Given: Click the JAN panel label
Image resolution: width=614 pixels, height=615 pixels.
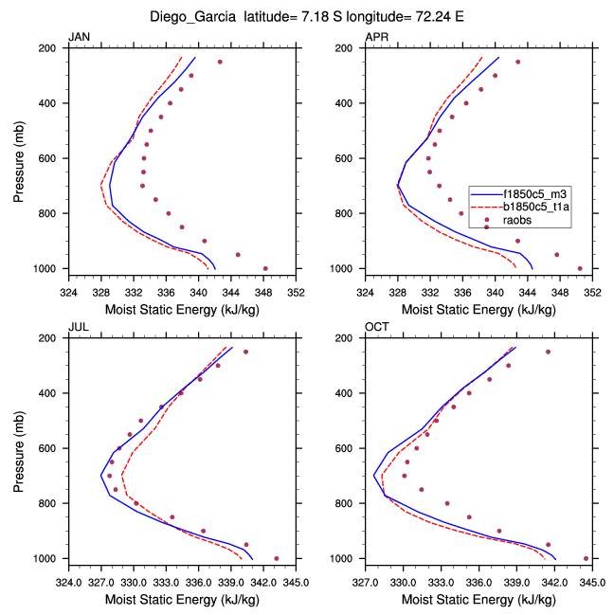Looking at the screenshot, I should tap(79, 38).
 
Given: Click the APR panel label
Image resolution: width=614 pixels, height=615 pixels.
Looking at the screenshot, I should tap(376, 38).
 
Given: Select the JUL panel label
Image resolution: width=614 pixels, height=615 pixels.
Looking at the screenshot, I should tap(78, 328).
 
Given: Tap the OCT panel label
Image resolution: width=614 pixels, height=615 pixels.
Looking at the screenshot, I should tap(376, 328).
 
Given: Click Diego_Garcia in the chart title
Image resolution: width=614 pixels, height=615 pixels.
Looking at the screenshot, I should tap(193, 16).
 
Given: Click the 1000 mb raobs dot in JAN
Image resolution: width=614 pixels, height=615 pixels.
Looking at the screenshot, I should tap(265, 268).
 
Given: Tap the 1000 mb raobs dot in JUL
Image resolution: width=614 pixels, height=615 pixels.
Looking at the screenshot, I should tap(276, 558).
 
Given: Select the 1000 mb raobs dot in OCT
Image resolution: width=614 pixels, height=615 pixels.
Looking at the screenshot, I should tap(586, 558).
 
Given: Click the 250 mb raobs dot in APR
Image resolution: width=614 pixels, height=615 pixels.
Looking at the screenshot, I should tap(517, 62).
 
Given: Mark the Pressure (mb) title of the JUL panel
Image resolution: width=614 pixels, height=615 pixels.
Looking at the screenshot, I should tap(21, 447).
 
